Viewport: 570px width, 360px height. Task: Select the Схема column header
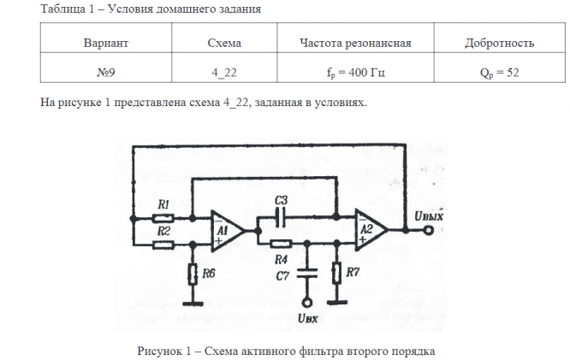tap(225, 42)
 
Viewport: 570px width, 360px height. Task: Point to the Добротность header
tap(499, 42)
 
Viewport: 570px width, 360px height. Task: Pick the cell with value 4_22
tap(225, 72)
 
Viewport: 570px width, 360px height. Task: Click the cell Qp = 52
tap(499, 72)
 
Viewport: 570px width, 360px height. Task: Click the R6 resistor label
tap(209, 273)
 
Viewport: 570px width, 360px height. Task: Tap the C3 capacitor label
tap(282, 201)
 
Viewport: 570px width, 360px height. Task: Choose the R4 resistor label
tap(280, 257)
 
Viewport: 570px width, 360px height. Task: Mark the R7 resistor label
tap(355, 273)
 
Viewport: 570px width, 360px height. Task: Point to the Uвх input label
tap(308, 320)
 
